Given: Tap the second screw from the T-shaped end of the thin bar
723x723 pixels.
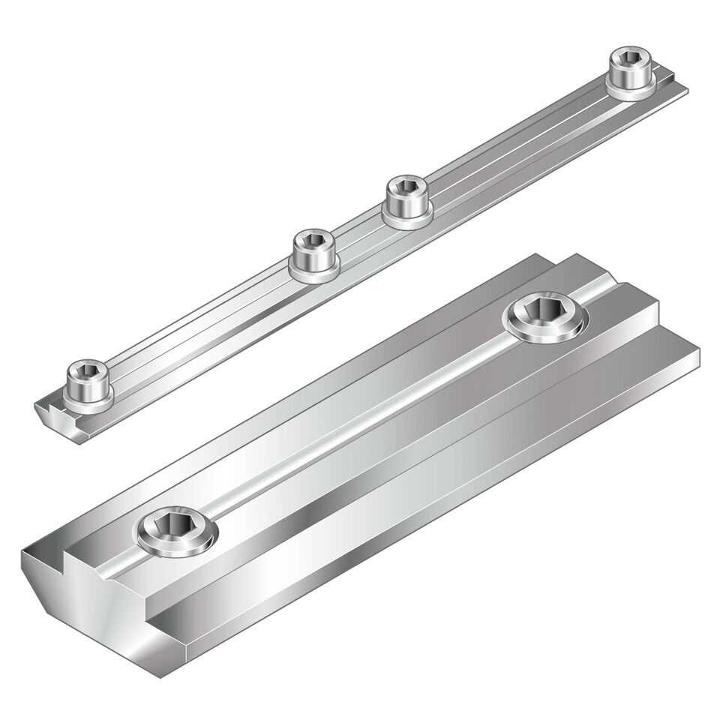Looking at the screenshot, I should pyautogui.click(x=313, y=255).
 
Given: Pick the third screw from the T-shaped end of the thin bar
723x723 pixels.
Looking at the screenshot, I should pyautogui.click(x=407, y=199).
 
